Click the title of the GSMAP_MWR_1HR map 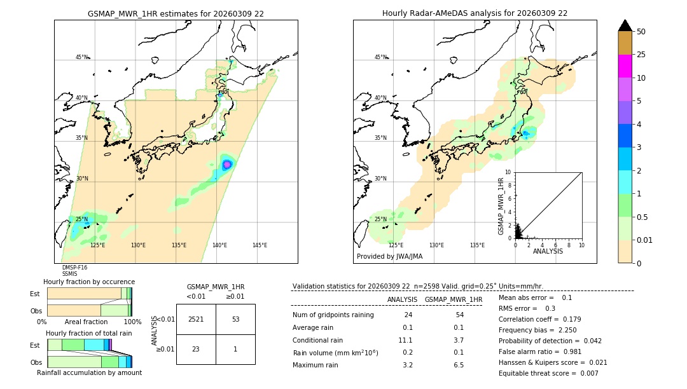pyautogui.click(x=176, y=13)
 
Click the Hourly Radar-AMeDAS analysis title pyautogui.click(x=475, y=13)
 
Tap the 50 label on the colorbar pyautogui.click(x=641, y=31)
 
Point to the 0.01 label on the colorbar pyautogui.click(x=646, y=240)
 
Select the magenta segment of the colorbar pyautogui.click(x=625, y=66)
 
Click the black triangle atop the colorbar pyautogui.click(x=625, y=25)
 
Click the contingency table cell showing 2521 pyautogui.click(x=196, y=319)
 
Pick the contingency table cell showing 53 pyautogui.click(x=235, y=319)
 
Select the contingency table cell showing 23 pyautogui.click(x=196, y=349)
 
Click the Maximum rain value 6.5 pyautogui.click(x=458, y=365)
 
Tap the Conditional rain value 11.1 pyautogui.click(x=407, y=340)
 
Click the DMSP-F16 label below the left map pyautogui.click(x=74, y=268)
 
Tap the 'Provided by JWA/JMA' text pyautogui.click(x=389, y=256)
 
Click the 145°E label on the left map pyautogui.click(x=260, y=245)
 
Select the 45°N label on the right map pyautogui.click(x=380, y=57)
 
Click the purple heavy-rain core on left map pyautogui.click(x=227, y=165)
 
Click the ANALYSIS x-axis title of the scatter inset pyautogui.click(x=548, y=251)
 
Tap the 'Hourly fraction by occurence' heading pyautogui.click(x=89, y=282)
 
